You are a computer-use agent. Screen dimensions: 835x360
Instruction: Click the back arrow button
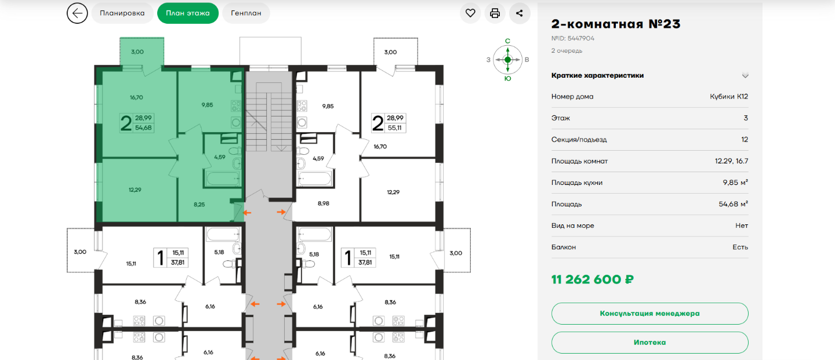77,13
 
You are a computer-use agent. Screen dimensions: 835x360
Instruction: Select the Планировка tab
122,13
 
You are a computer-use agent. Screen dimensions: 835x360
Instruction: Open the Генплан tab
246,13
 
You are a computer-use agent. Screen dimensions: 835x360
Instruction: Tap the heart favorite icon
470,13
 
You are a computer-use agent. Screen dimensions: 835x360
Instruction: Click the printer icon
495,13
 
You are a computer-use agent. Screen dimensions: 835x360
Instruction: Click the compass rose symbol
508,60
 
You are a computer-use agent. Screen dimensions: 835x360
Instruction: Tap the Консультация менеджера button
649,314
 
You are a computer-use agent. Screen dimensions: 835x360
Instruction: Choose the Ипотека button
649,343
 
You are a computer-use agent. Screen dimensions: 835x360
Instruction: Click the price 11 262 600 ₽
593,279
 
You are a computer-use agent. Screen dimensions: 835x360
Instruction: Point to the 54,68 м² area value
733,204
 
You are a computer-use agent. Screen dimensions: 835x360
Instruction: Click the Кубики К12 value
729,96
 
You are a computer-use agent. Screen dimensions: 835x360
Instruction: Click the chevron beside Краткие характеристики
745,75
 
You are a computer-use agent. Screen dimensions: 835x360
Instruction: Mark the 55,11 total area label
395,128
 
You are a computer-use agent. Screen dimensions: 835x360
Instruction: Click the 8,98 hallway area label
323,203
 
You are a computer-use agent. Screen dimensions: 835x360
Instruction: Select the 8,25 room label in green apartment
199,205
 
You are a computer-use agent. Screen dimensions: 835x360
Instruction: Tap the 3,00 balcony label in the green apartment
137,52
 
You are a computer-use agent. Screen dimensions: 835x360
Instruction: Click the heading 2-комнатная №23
616,24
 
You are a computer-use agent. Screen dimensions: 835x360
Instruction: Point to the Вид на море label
572,226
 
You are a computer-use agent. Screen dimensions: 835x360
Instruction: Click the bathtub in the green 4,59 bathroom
223,178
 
